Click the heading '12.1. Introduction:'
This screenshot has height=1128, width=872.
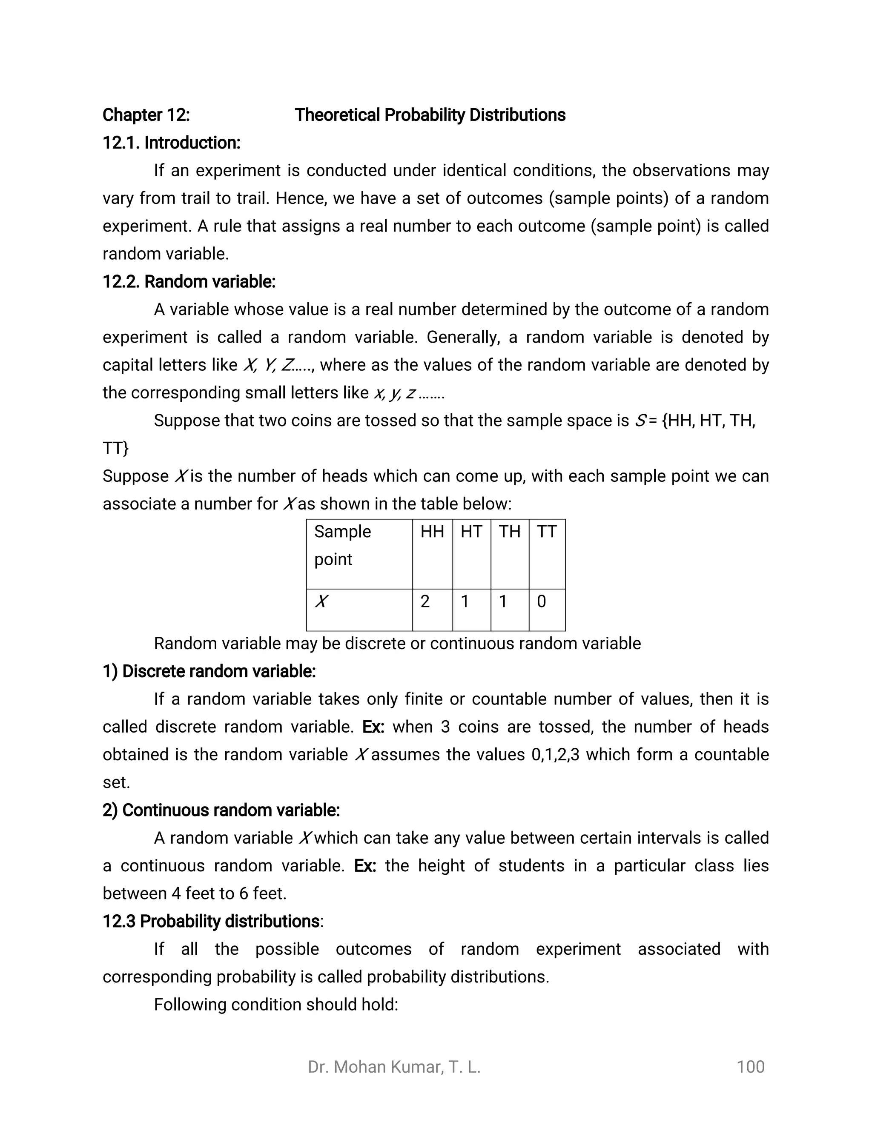[171, 143]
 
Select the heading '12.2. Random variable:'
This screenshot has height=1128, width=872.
[189, 281]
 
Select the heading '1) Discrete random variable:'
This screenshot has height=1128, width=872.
[209, 671]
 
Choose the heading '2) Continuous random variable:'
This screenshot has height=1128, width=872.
[221, 810]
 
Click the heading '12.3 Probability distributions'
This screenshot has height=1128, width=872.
[211, 921]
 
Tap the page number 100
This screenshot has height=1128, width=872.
[750, 1067]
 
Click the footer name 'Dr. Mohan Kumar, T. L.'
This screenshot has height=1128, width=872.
[394, 1067]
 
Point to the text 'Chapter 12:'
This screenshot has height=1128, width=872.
[146, 115]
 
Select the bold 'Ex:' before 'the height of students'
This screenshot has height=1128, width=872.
[365, 866]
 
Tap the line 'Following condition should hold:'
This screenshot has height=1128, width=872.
[276, 1005]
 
